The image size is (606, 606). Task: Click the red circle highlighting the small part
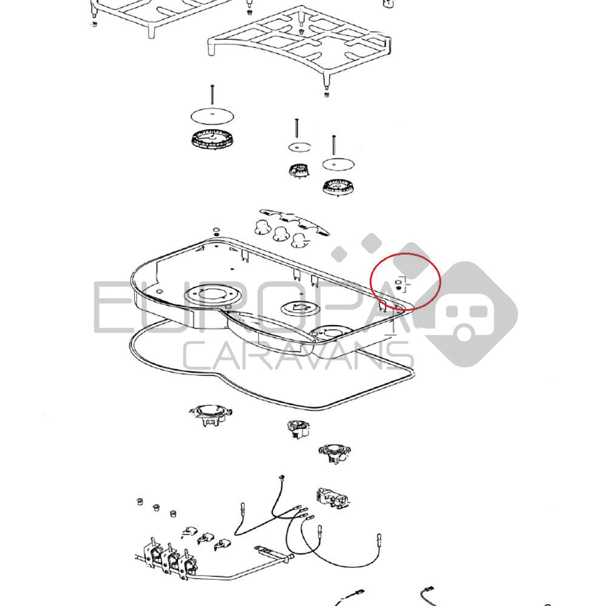(x=405, y=282)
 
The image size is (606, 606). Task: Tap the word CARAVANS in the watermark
(x=298, y=356)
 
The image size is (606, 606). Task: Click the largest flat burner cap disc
(x=213, y=116)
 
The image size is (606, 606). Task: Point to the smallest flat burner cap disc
(x=299, y=147)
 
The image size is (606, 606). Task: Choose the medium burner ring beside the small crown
(x=338, y=187)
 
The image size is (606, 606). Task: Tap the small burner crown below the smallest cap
(x=299, y=170)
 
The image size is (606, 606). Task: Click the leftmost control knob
(x=264, y=227)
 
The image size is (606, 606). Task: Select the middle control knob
(x=282, y=233)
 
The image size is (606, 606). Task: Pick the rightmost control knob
(x=299, y=240)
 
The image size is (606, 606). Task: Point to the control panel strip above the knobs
(x=295, y=222)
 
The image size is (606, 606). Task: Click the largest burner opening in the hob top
(x=211, y=295)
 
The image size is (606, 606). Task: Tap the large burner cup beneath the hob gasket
(x=211, y=415)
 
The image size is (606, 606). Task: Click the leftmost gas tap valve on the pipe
(x=152, y=554)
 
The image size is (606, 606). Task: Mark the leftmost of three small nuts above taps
(x=140, y=502)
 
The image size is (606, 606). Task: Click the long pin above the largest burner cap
(x=212, y=95)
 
